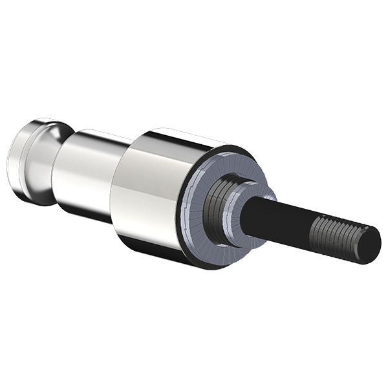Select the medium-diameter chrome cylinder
[x=87, y=175]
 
